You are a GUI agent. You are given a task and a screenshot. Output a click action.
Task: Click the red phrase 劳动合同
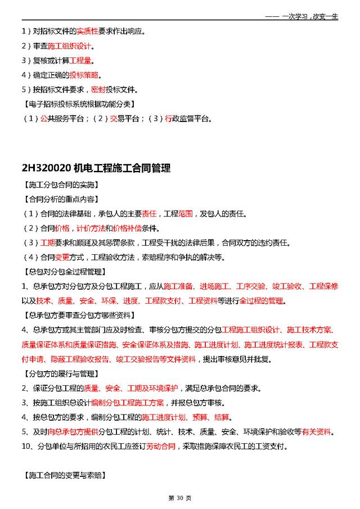coord(161,447)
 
